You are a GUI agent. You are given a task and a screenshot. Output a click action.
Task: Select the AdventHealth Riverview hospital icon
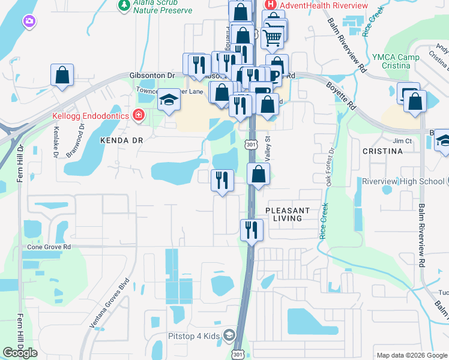tap(271, 5)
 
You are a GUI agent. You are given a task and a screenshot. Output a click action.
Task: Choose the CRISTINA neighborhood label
tap(382, 151)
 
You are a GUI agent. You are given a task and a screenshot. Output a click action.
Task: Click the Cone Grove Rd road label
tap(49, 247)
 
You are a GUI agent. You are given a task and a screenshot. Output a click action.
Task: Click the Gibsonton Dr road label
tap(151, 76)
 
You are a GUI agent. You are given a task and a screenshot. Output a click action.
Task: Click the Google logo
tap(20, 353)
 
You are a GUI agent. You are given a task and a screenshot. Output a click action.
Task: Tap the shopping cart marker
tap(273, 38)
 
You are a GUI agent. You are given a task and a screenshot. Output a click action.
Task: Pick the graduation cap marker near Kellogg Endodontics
tap(169, 100)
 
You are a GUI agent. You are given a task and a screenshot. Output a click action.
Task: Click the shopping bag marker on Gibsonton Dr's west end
tap(62, 76)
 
